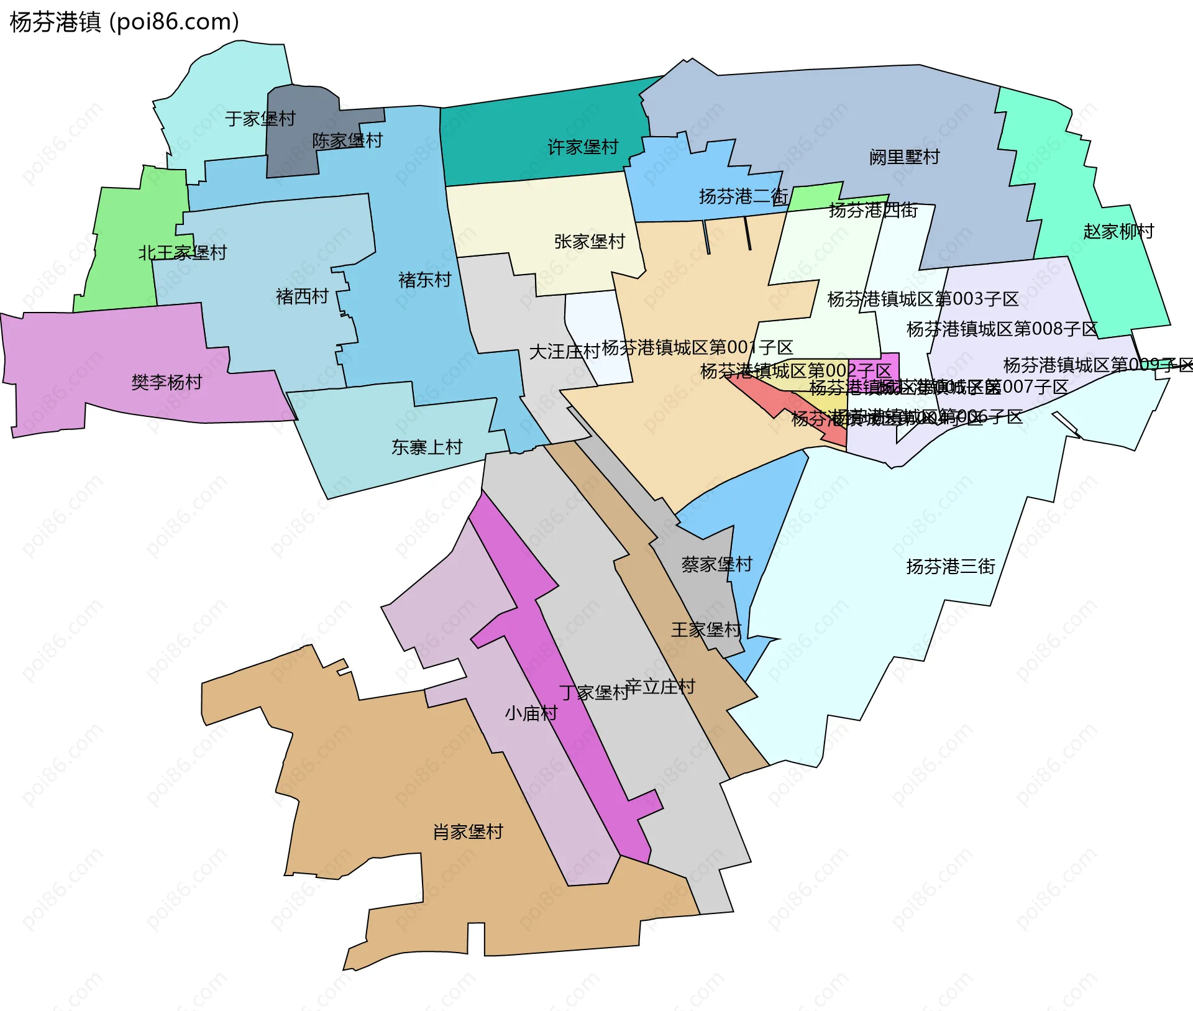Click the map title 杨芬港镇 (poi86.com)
124,22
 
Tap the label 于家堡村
260,119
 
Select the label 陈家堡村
347,140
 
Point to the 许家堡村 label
583,147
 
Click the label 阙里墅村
904,157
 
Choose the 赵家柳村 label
1118,232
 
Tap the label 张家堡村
589,242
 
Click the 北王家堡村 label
183,253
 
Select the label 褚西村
302,296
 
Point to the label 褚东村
424,280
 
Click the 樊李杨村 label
167,382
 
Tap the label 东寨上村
427,447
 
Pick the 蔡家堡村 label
716,564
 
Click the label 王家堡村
706,630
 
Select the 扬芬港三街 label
951,567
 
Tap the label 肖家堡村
468,832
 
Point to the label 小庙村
531,713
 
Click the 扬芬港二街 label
743,197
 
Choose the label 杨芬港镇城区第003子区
923,300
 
